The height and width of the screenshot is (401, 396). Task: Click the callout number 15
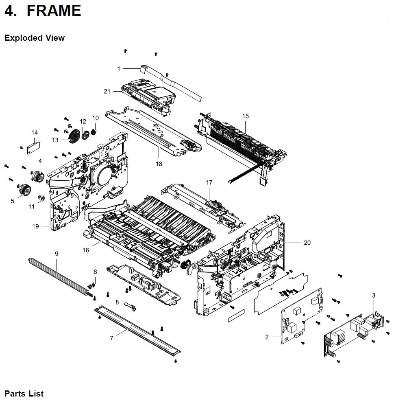[246, 116]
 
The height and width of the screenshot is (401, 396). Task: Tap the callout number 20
[307, 243]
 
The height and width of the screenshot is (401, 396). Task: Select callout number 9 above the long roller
[57, 254]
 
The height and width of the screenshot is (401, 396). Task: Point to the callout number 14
[35, 133]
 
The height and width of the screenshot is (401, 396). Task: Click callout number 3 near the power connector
[374, 295]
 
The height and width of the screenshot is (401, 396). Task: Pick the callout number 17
[209, 183]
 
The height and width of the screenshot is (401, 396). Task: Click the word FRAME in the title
[54, 10]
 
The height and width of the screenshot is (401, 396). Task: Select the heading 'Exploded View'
[35, 38]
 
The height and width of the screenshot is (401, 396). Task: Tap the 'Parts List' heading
[24, 394]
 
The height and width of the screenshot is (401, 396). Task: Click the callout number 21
[107, 92]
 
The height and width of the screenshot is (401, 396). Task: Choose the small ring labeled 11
[41, 198]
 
